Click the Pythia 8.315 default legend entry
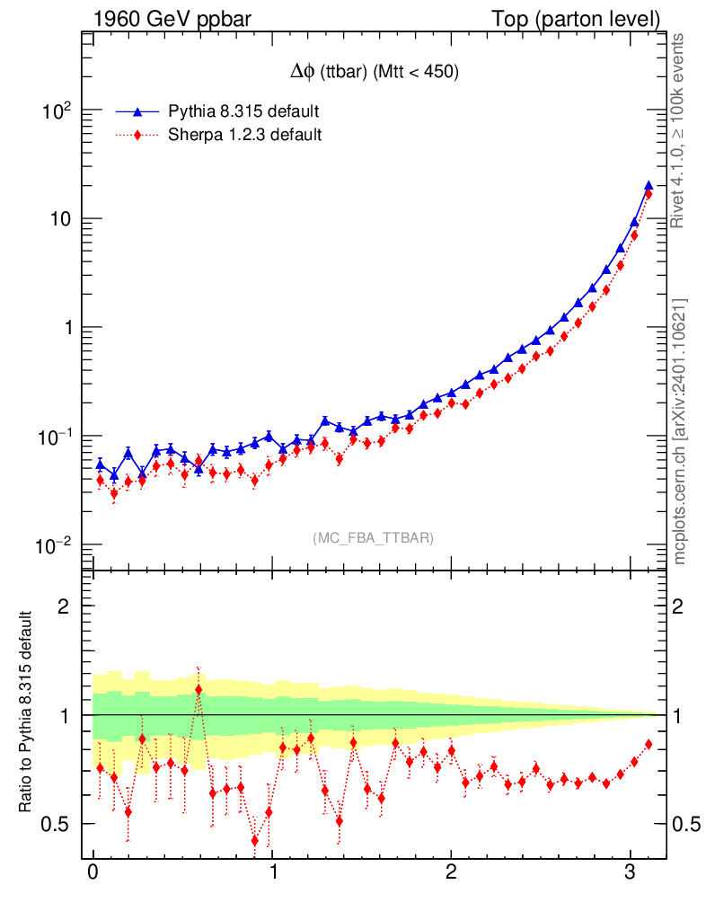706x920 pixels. tap(243, 111)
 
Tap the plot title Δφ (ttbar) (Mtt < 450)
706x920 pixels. tap(369, 74)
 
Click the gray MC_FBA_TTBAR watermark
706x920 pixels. tap(373, 537)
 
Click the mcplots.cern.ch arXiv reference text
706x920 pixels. tap(680, 431)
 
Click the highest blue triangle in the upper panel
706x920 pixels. tap(649, 186)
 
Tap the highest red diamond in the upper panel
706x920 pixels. tap(649, 194)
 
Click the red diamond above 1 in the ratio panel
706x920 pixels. tap(199, 690)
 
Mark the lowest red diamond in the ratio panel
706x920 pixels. tap(255, 841)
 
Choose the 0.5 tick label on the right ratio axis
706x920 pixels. tap(685, 824)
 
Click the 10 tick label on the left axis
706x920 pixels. tap(58, 220)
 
